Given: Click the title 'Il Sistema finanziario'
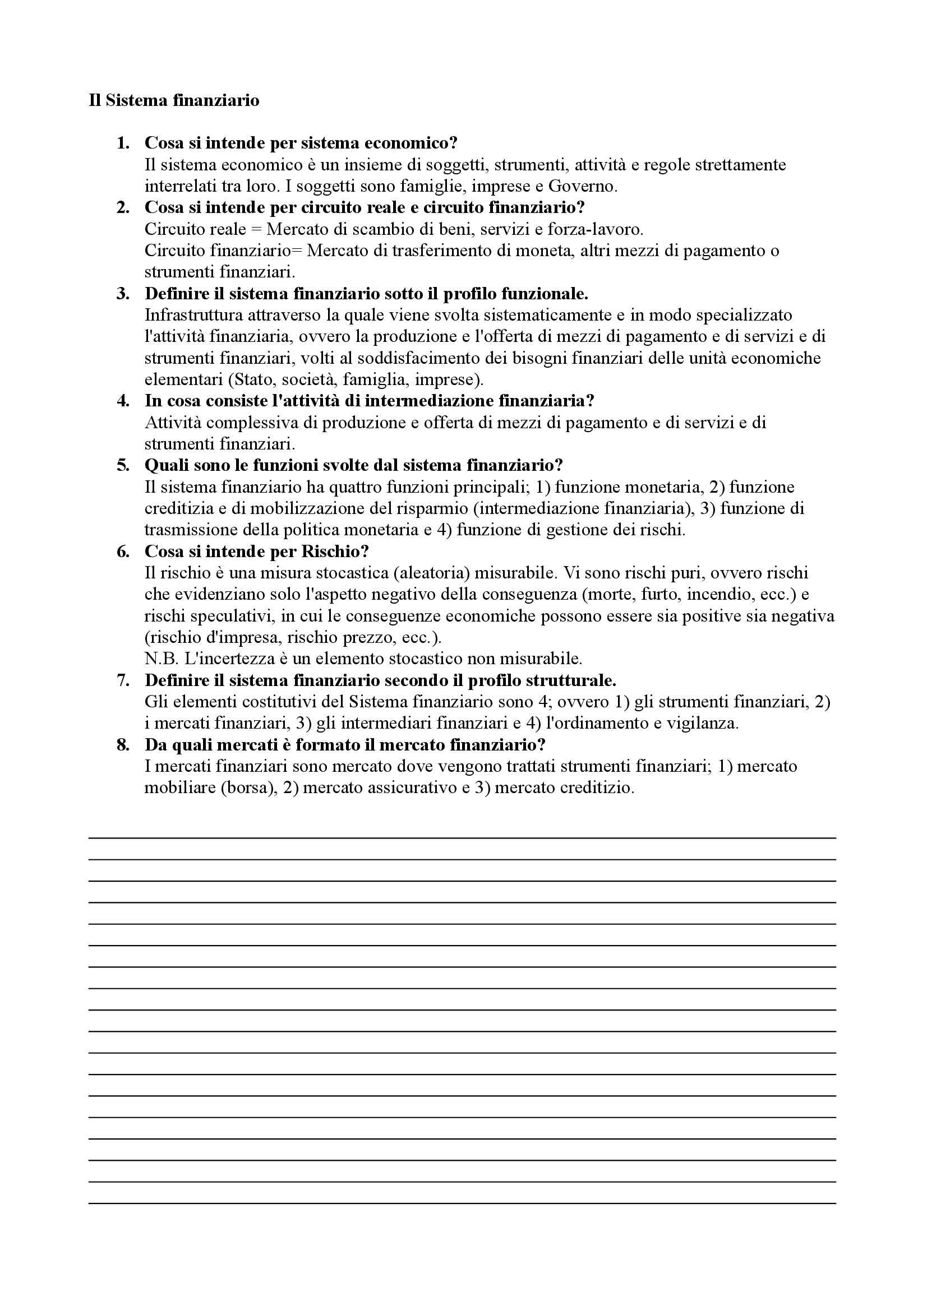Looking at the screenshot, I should [x=174, y=100].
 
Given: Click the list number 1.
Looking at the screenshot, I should [x=122, y=143].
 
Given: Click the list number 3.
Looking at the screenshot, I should [x=123, y=294].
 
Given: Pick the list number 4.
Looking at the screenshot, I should [x=123, y=401].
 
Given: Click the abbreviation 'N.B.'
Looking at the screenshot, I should [x=162, y=659].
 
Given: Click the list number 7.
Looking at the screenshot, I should [x=123, y=680].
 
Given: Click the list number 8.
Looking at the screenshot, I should [x=123, y=745].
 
